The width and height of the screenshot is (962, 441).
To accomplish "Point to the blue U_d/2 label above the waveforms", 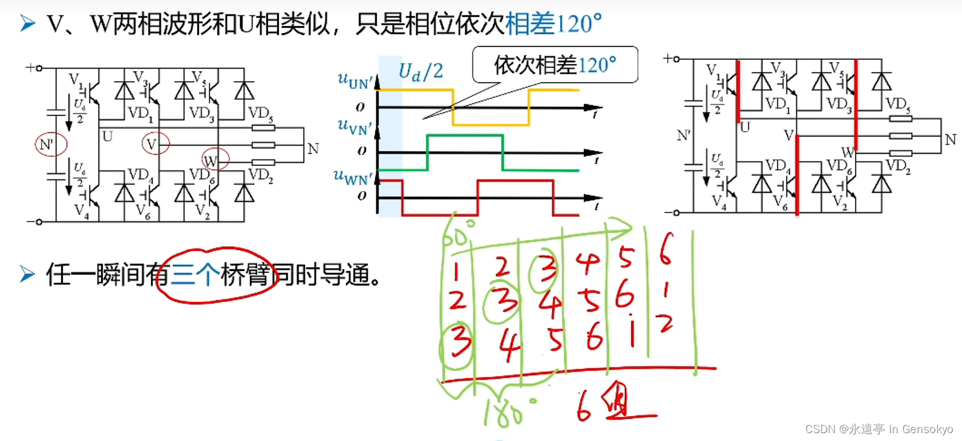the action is (x=420, y=71).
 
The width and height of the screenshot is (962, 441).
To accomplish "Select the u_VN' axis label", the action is (x=355, y=126).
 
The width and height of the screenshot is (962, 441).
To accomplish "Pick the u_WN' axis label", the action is (x=353, y=177).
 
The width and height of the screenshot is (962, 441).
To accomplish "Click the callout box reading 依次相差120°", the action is (x=555, y=65).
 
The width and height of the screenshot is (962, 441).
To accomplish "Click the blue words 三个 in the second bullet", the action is (x=195, y=275).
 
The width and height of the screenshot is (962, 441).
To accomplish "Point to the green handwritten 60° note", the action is (x=457, y=234).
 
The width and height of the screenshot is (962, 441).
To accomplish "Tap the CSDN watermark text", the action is (x=879, y=429).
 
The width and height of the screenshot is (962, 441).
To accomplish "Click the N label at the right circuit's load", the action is (x=951, y=140).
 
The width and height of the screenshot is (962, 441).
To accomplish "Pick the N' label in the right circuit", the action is (x=684, y=136).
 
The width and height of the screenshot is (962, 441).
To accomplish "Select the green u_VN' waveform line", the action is (x=465, y=136).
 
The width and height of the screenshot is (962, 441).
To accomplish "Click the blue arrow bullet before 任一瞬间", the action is (x=27, y=274).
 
